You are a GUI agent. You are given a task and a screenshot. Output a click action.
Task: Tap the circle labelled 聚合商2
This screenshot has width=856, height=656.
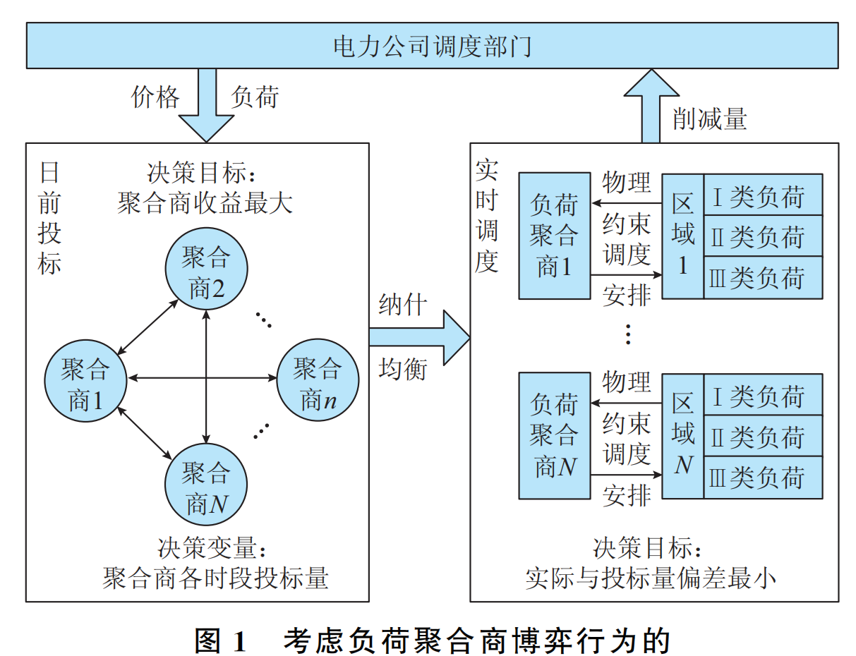point(205,272)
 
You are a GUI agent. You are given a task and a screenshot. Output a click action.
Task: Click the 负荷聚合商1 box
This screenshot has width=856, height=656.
point(555,236)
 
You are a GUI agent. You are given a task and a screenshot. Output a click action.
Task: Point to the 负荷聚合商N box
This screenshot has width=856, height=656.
point(555,436)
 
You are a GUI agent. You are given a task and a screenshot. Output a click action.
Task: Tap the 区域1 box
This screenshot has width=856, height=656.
point(682,236)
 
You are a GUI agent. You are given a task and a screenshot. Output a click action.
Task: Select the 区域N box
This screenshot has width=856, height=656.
point(682,436)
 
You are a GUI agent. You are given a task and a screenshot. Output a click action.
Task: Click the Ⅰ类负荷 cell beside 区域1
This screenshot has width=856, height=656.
point(764,195)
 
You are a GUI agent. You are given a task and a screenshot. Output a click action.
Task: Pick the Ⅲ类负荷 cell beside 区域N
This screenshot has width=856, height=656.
point(764,478)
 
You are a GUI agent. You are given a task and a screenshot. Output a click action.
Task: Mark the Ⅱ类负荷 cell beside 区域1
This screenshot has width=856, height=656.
point(764,236)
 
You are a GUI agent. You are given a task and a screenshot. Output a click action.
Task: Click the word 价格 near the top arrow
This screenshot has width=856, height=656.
point(156,97)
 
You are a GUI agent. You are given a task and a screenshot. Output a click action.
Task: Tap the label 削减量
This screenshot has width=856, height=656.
point(709,119)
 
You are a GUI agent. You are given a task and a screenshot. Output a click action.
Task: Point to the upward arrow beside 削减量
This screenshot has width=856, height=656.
point(651,106)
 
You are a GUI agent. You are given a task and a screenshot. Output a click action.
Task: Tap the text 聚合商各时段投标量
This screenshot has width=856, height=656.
point(215,578)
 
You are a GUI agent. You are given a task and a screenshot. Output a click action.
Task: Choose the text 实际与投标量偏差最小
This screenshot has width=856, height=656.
point(651,578)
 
